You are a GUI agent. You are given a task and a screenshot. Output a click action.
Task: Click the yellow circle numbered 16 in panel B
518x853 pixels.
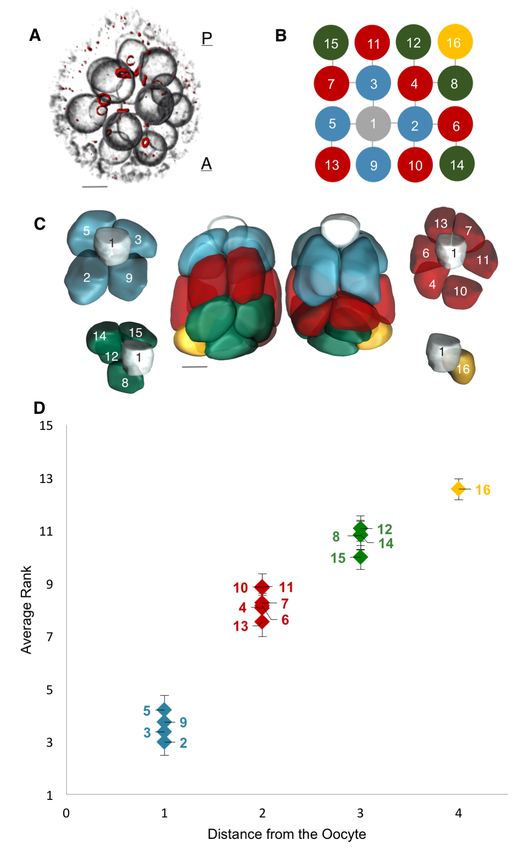click(455, 42)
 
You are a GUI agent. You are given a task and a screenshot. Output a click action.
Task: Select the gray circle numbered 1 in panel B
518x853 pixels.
click(373, 124)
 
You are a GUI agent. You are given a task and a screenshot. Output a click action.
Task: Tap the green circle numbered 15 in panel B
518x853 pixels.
click(331, 43)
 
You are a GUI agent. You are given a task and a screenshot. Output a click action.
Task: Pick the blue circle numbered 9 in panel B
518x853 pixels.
click(373, 165)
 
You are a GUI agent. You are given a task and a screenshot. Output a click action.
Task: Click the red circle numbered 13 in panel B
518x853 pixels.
click(332, 165)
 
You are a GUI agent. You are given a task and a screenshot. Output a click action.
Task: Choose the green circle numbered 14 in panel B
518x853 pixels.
click(457, 165)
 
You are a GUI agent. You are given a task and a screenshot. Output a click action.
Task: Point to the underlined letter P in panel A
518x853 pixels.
click(207, 38)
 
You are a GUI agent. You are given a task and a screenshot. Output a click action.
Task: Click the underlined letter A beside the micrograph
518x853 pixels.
click(206, 164)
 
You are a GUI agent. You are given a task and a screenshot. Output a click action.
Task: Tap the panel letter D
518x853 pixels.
click(39, 407)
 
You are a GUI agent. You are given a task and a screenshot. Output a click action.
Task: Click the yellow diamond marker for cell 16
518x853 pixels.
click(458, 488)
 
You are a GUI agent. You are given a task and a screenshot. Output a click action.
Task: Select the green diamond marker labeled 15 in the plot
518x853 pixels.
click(360, 557)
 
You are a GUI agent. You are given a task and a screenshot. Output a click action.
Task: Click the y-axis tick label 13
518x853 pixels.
click(46, 479)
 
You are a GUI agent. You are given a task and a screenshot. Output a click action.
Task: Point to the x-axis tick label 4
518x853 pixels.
click(458, 813)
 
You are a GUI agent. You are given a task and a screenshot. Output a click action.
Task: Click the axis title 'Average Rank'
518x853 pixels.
click(26, 609)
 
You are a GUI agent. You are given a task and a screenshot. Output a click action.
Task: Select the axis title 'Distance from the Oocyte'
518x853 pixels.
click(287, 834)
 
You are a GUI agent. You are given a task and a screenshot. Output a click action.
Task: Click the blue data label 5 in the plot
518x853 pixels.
click(147, 711)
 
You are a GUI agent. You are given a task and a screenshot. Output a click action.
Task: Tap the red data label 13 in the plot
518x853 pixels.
click(240, 626)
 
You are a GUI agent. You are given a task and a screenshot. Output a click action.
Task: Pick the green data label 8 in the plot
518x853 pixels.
click(336, 537)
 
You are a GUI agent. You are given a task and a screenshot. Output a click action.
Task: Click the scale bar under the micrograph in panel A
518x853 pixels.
click(95, 186)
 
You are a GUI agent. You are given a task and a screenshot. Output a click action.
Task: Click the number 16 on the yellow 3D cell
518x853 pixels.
click(463, 369)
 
